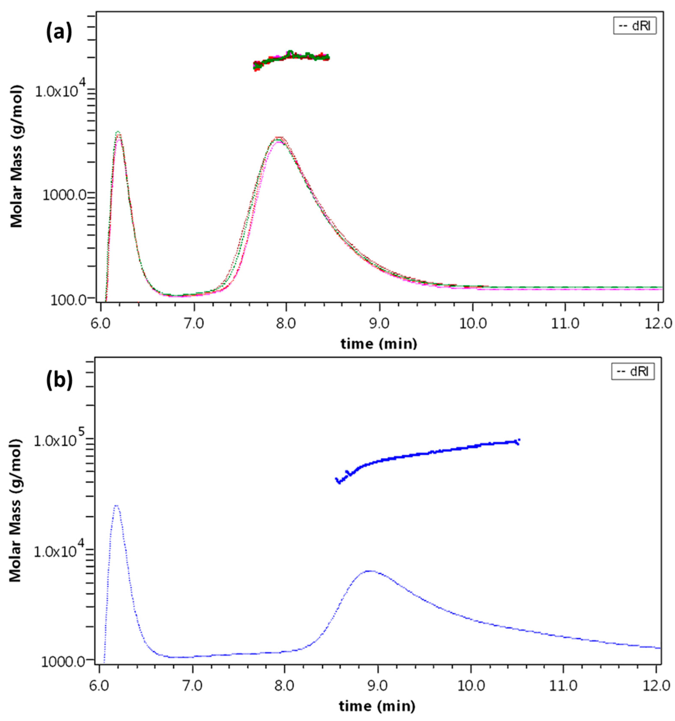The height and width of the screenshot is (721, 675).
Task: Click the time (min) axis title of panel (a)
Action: coord(379,343)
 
